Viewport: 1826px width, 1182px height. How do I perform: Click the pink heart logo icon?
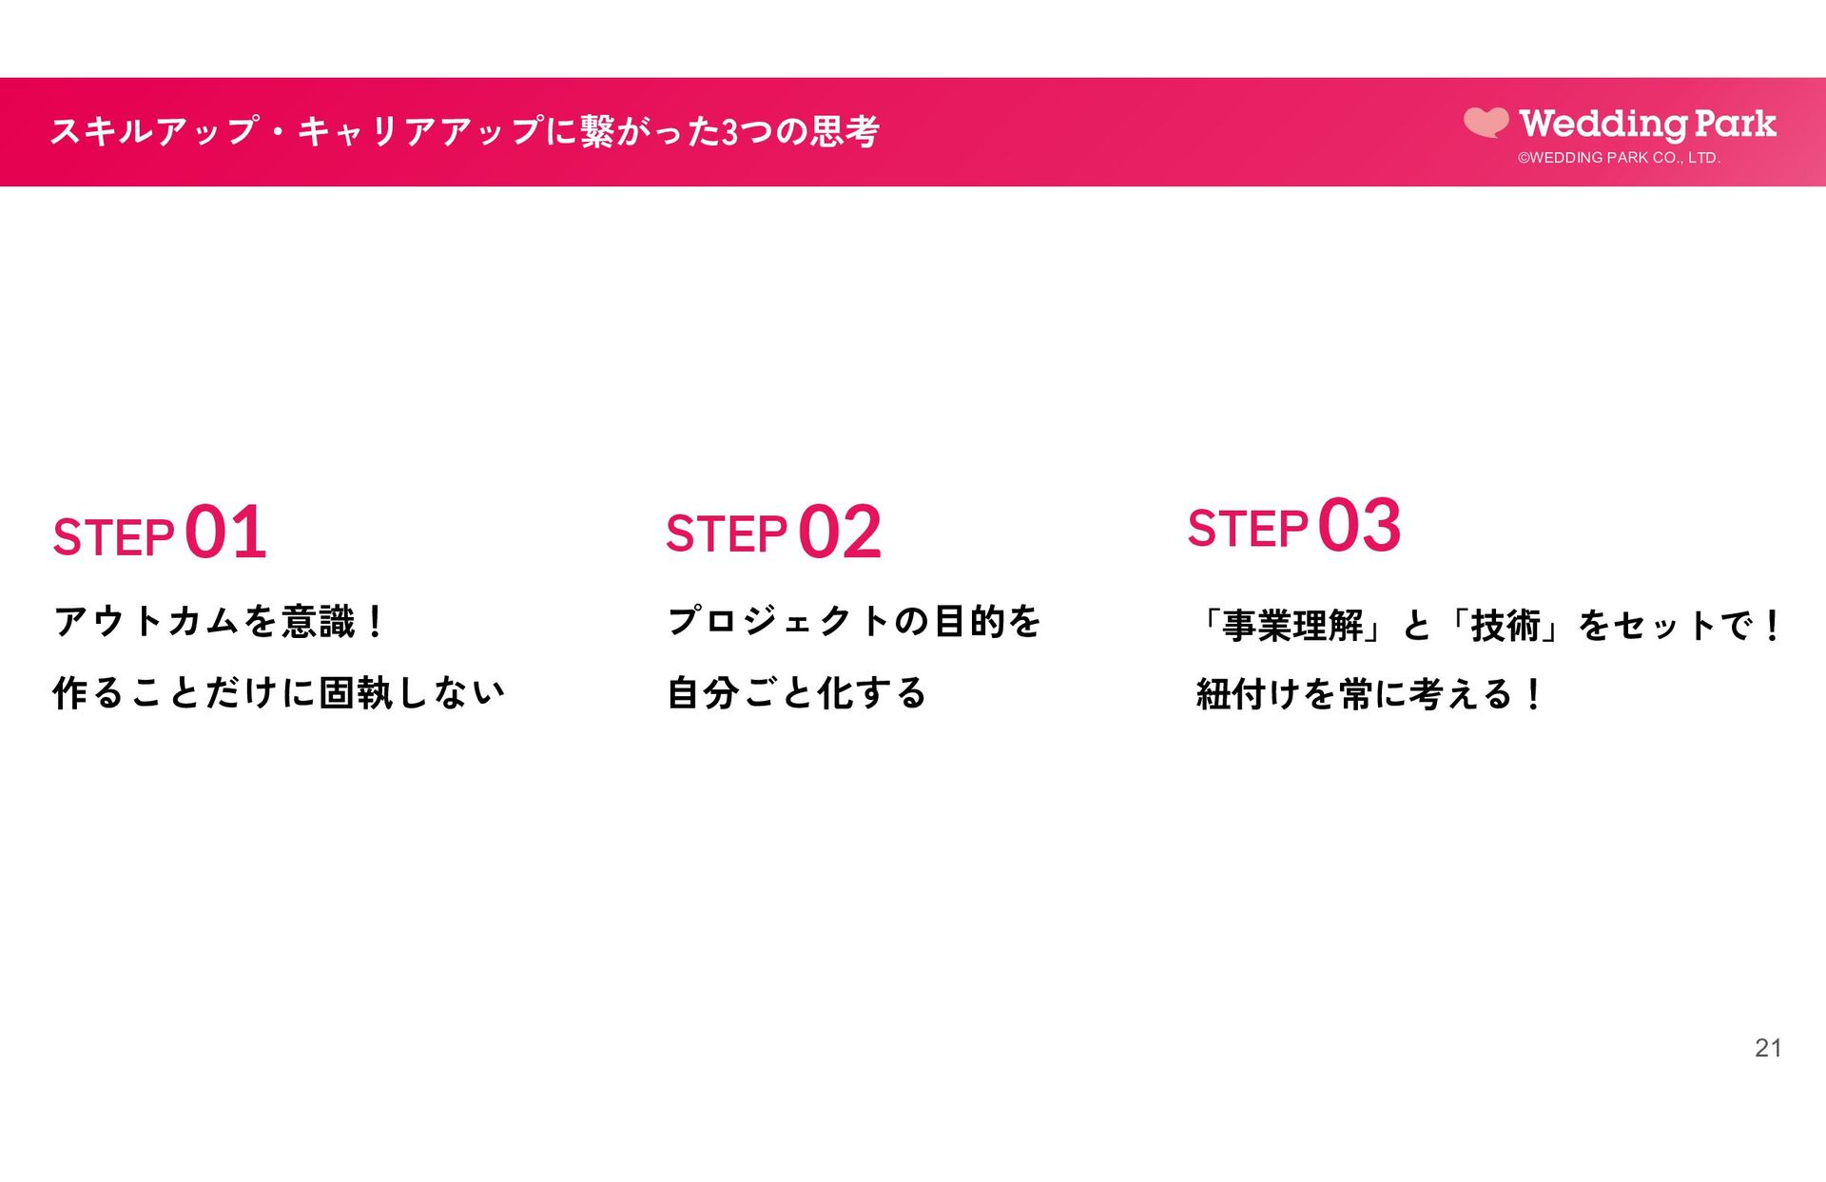pyautogui.click(x=1486, y=123)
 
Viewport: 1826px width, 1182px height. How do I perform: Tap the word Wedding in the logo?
pyautogui.click(x=1603, y=124)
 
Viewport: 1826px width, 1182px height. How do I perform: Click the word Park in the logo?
pyautogui.click(x=1735, y=124)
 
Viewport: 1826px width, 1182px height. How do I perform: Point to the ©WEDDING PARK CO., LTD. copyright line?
pyautogui.click(x=1619, y=158)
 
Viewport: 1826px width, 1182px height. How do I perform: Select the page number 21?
pyautogui.click(x=1768, y=1048)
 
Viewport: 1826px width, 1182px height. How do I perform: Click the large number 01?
pyautogui.click(x=225, y=533)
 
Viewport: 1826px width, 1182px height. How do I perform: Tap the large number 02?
pyautogui.click(x=840, y=533)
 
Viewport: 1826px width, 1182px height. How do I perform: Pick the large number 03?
pyautogui.click(x=1359, y=526)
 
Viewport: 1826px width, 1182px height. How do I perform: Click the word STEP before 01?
pyautogui.click(x=114, y=538)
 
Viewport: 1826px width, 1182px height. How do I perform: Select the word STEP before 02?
pyautogui.click(x=727, y=534)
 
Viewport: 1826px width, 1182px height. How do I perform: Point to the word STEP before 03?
pyautogui.click(x=1248, y=530)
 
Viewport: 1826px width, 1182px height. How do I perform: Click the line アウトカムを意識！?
pyautogui.click(x=220, y=622)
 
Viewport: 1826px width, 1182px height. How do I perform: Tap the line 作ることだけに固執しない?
pyautogui.click(x=279, y=693)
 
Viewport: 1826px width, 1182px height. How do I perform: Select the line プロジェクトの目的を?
pyautogui.click(x=854, y=622)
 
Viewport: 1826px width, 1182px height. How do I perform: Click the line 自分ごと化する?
pyautogui.click(x=797, y=693)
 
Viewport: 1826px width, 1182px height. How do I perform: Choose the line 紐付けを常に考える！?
pyautogui.click(x=1369, y=695)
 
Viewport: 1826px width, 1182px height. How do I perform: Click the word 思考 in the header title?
pyautogui.click(x=845, y=131)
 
